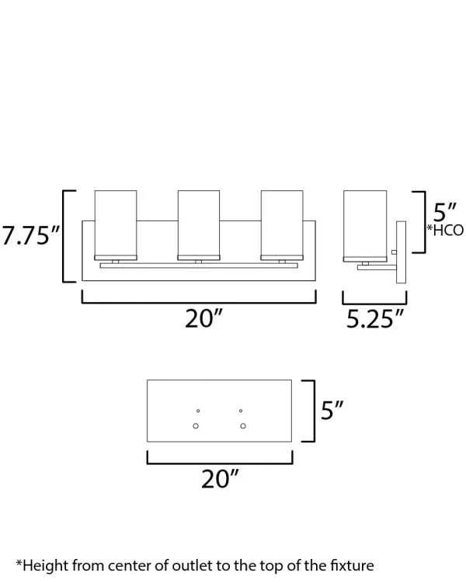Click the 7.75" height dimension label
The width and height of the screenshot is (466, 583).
30,234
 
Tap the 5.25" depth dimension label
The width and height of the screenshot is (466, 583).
374,318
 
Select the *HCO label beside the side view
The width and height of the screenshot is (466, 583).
445,230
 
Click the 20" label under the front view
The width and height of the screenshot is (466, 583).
203,318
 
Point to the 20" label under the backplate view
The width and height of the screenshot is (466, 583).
220,479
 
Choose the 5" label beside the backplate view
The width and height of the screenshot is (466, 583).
332,410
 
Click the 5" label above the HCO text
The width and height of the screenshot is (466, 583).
444,212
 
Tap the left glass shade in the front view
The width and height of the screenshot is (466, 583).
116,225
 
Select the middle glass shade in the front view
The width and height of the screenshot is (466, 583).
199,225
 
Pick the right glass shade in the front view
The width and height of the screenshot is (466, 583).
282,225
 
